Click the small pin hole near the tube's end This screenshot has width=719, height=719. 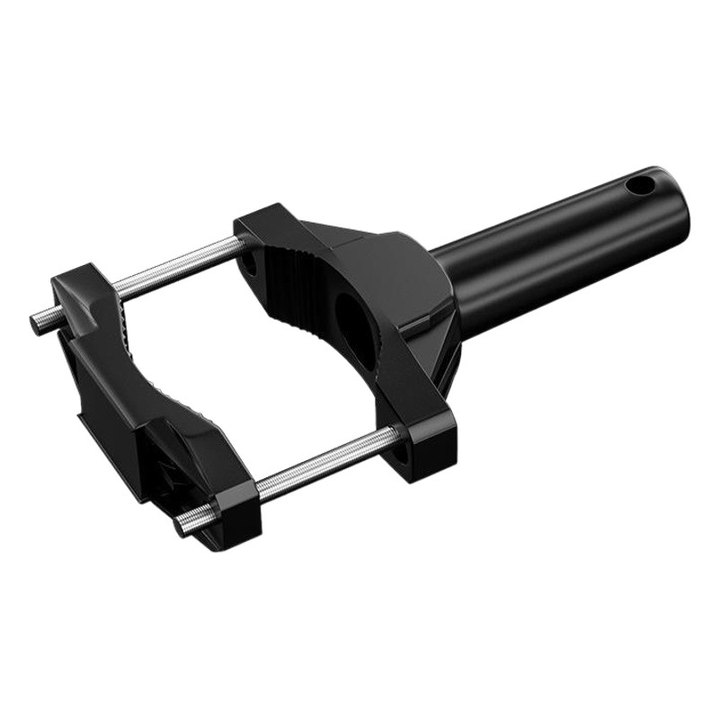click(641, 187)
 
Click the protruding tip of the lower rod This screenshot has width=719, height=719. click(184, 527)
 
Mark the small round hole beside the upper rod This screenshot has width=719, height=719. click(249, 263)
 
